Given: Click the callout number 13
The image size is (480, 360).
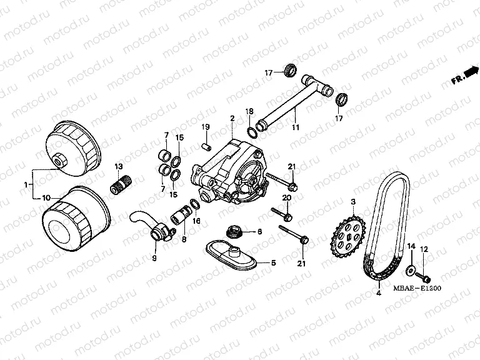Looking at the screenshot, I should pos(117,166).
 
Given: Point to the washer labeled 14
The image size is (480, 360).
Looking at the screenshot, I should pos(411,269).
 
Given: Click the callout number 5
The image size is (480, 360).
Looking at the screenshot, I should pos(273,264).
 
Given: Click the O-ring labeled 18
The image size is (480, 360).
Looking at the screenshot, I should pos(251,132).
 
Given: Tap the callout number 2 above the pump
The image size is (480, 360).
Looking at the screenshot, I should pos(232,118).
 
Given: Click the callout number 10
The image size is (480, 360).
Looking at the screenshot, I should pos(46,198).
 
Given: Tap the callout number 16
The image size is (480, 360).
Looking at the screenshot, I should pos(196,221).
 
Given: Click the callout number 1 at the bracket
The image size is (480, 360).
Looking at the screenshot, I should pos(25,185).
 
